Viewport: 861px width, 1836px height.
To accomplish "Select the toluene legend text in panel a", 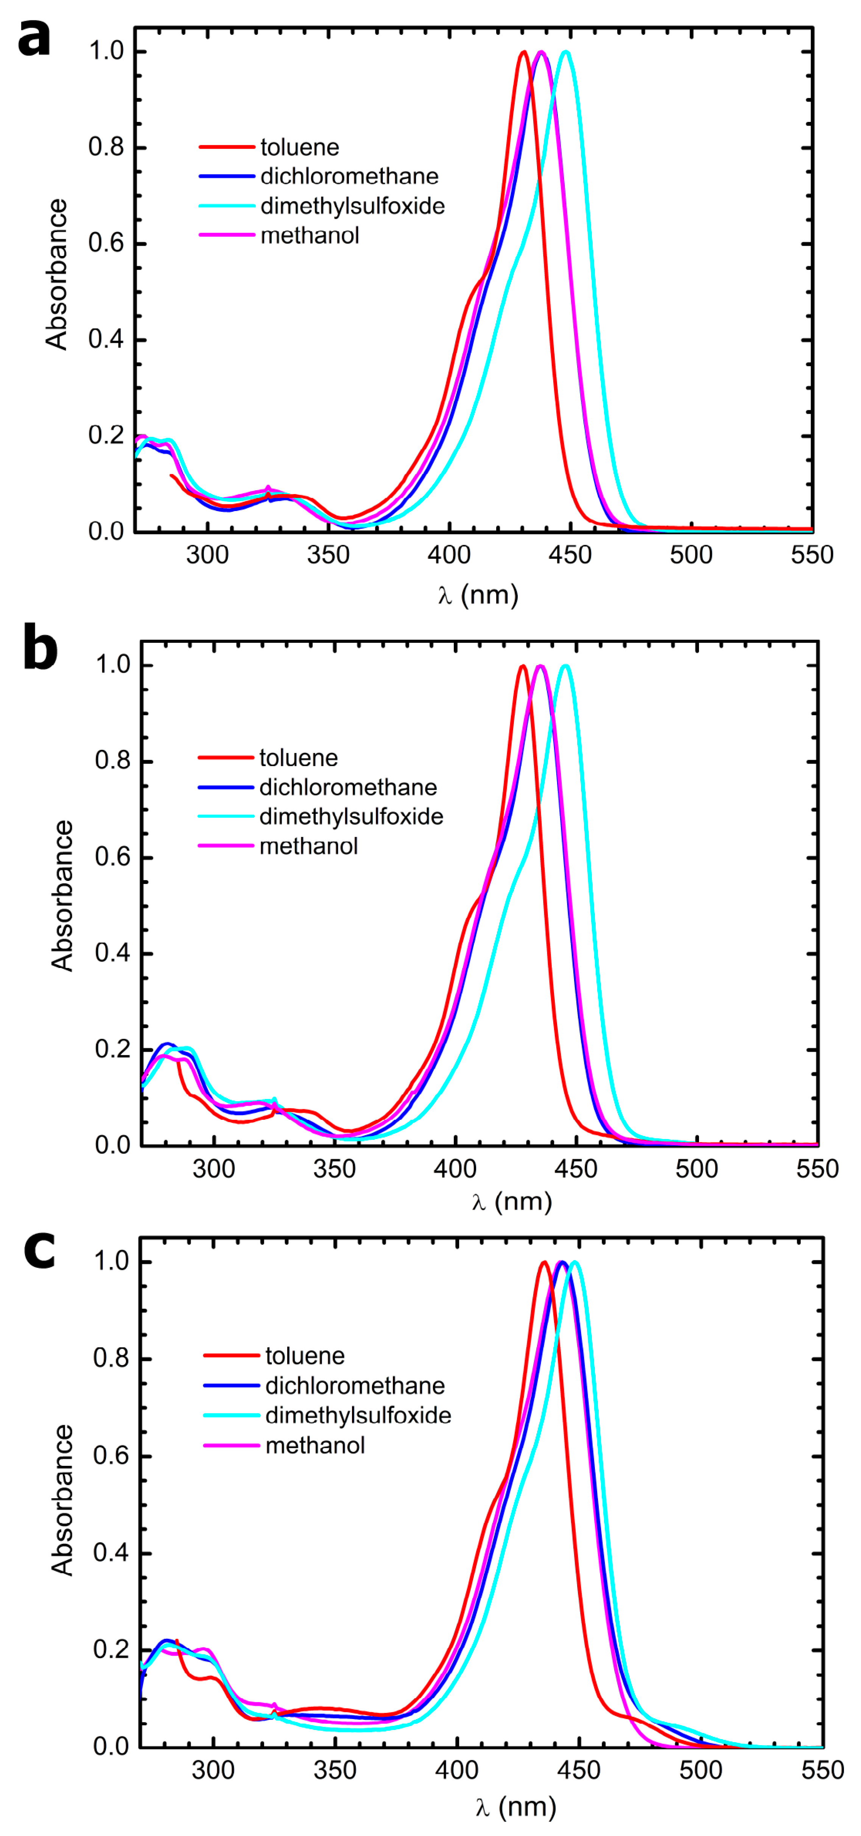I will click(299, 148).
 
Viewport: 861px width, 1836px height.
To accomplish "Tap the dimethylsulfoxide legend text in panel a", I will click(352, 206).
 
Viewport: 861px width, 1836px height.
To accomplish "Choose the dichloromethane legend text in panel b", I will click(348, 787).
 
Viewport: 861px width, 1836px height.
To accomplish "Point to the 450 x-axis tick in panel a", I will click(570, 555).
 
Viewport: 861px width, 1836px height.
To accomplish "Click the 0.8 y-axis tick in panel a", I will click(106, 148).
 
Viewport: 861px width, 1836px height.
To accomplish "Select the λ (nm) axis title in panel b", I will click(512, 1202).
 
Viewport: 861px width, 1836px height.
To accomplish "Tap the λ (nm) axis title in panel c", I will click(515, 1807).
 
